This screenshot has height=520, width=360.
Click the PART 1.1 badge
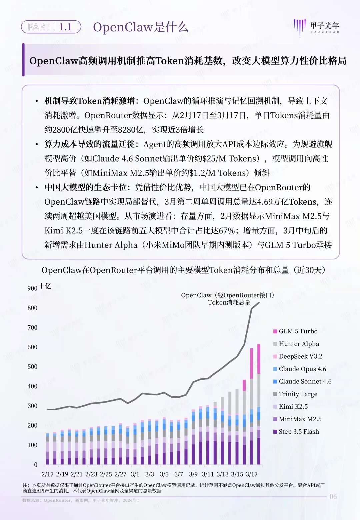point(51,27)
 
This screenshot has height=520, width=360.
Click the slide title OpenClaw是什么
point(141,27)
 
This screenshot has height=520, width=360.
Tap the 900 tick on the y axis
point(32,288)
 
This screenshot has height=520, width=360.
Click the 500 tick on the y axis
point(32,367)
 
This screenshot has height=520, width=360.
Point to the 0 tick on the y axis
point(36,465)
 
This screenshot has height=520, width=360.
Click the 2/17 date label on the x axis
point(48,474)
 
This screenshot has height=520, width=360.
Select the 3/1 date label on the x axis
point(135,474)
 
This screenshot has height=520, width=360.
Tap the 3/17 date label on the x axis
point(252,474)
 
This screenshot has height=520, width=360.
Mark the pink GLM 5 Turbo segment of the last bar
point(259,359)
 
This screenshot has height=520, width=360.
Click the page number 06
point(333,497)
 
